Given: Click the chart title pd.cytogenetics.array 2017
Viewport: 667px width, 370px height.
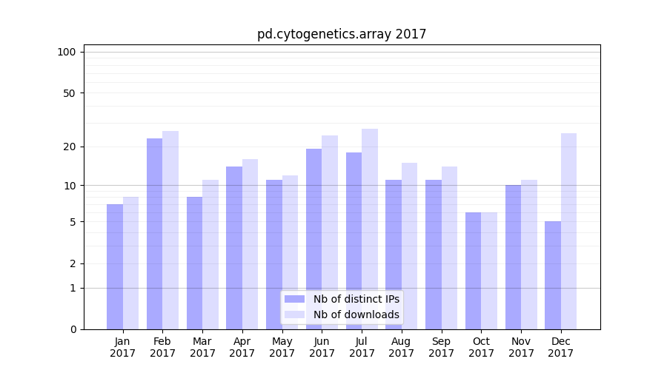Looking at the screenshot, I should [342, 34].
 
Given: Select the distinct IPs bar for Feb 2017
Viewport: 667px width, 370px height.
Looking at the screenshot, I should [154, 233].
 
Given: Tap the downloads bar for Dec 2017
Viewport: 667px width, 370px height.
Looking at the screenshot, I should [569, 231].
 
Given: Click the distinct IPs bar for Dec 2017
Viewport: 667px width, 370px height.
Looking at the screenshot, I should [553, 275].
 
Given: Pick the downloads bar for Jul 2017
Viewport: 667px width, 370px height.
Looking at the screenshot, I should [370, 229].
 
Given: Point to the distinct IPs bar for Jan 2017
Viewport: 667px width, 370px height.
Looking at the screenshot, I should [115, 266].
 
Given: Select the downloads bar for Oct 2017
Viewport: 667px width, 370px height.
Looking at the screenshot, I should [489, 271].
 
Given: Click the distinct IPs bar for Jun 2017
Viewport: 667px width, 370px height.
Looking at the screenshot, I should [314, 238].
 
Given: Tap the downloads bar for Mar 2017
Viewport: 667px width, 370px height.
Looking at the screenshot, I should [210, 254].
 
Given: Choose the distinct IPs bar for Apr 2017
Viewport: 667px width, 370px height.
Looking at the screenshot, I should [234, 247].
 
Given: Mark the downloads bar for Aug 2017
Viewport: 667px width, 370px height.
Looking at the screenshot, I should [410, 246].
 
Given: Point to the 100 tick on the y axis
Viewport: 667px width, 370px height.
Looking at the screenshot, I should [67, 52].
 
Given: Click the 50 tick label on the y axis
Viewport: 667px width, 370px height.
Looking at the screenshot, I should [70, 93].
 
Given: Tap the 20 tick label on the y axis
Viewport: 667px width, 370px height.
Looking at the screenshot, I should [70, 147].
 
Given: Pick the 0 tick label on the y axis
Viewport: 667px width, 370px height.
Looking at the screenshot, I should [73, 329].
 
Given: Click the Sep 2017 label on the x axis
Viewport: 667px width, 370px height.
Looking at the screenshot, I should [441, 347].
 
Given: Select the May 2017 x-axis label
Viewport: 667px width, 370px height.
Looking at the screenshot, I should [282, 347].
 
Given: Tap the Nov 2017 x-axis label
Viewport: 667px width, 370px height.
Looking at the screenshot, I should [521, 347].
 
